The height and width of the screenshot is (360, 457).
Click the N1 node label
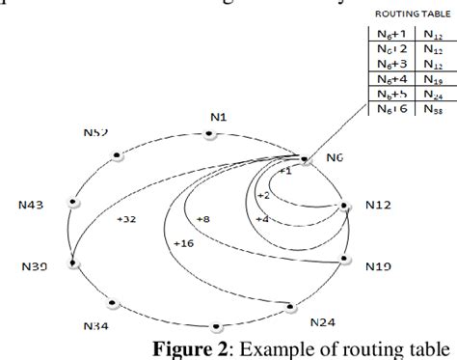218,117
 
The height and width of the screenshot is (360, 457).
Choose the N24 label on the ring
323,320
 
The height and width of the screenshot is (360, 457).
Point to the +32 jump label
126,219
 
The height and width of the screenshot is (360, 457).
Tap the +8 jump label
202,219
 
